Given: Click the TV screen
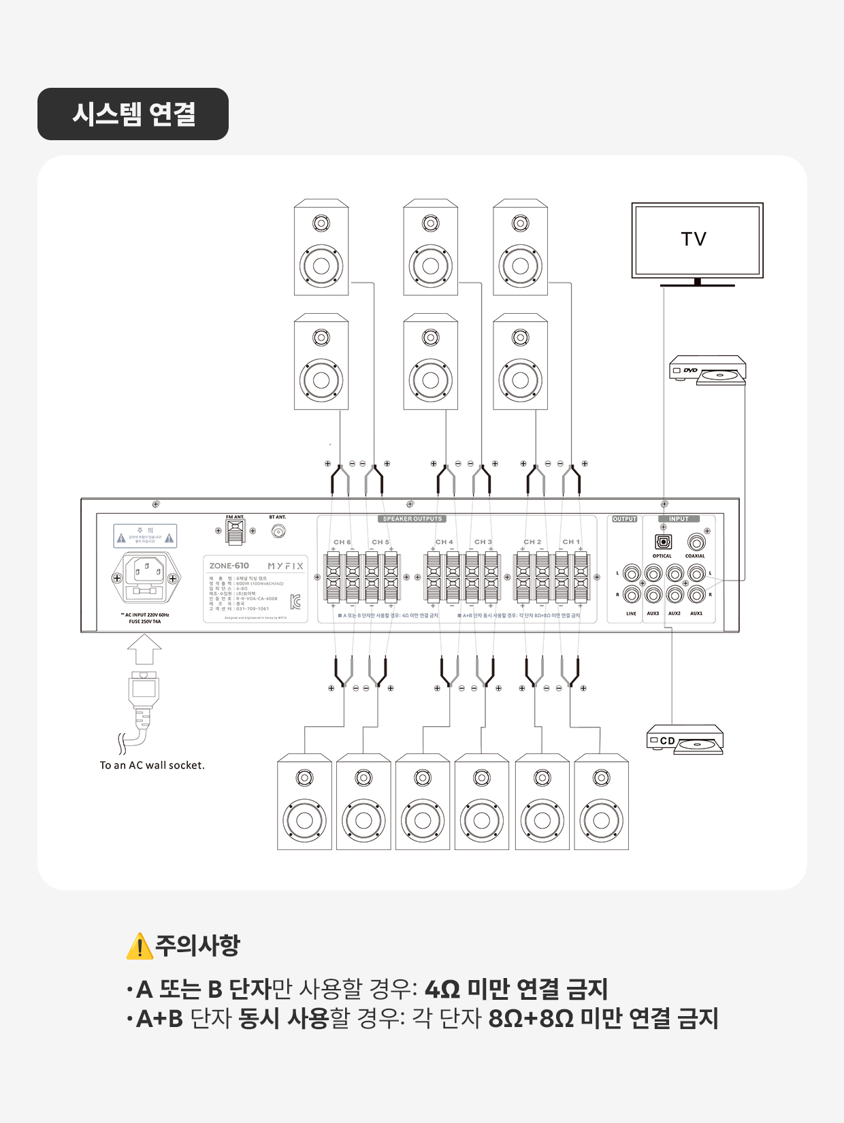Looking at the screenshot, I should point(697,240).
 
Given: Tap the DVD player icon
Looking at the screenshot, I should point(708,370).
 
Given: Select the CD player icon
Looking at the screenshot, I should point(685,740).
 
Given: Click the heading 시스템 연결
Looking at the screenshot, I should point(133,114).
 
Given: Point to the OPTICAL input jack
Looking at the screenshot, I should point(663,542).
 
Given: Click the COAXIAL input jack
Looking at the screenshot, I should point(696,542).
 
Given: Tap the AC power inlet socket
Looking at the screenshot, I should point(146,578).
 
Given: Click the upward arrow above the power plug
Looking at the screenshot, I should point(144,649).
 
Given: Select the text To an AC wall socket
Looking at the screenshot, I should point(152,765).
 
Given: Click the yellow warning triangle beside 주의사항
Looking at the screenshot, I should point(140,945).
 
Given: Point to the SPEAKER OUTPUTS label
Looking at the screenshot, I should point(412,519).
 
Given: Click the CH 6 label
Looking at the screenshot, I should point(342,542).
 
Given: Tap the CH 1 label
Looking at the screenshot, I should point(571,542).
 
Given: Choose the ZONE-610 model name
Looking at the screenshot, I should point(229,566).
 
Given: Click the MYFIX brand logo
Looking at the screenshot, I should point(285,566).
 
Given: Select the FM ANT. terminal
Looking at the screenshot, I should point(236,532).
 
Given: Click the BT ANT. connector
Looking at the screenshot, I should point(278,531).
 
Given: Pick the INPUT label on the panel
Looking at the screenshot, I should point(679,519).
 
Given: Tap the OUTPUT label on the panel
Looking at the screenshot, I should point(624,519).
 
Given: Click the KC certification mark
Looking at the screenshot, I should point(295,602).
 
